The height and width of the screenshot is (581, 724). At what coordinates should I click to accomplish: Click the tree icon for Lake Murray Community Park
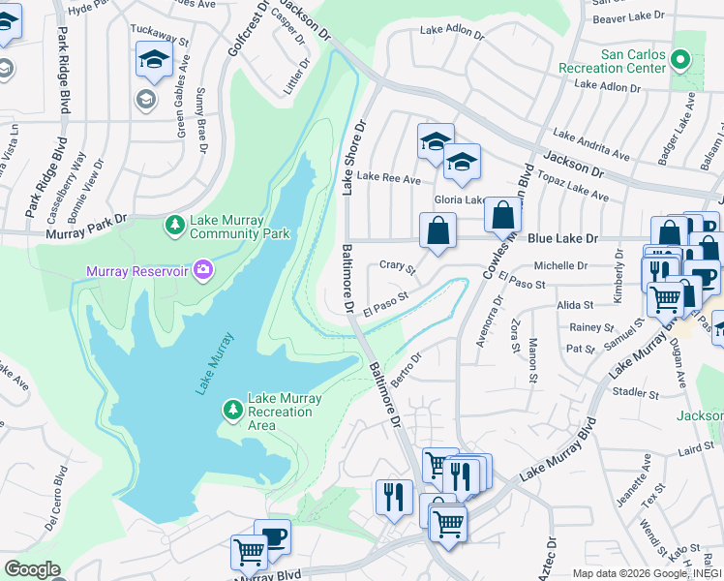tap(175, 226)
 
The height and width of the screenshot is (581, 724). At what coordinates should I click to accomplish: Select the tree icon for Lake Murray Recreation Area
tap(233, 411)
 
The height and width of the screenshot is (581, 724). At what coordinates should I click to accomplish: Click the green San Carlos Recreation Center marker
tap(681, 61)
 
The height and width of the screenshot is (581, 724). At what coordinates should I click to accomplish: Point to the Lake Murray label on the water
tap(215, 363)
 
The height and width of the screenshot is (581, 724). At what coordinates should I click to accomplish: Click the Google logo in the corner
tap(31, 569)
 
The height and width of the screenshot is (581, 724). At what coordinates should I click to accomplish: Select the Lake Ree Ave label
tap(389, 178)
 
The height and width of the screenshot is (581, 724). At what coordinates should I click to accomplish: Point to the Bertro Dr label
tap(408, 369)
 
